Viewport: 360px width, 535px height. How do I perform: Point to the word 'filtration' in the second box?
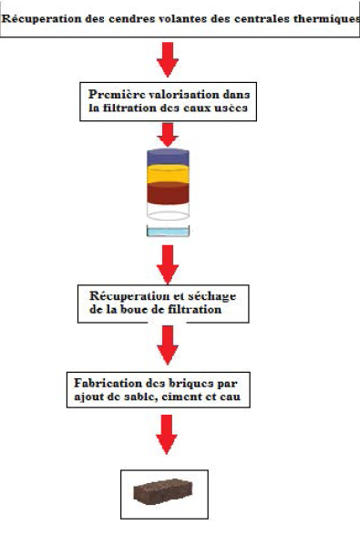coord(130,108)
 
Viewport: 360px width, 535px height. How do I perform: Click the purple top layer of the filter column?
coord(168,158)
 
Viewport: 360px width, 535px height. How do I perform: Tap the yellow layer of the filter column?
coord(168,174)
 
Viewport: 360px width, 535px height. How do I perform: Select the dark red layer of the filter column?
coord(168,193)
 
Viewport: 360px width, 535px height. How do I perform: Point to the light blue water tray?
coord(168,231)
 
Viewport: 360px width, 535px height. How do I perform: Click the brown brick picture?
coord(163,491)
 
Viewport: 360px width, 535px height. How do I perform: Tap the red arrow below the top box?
coord(168,59)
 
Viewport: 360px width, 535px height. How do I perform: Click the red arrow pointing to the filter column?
coord(168,135)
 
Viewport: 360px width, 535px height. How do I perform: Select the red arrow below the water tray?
coord(168,264)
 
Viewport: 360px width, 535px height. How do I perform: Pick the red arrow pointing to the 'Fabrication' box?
coord(168,345)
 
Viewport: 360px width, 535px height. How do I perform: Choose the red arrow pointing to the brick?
coord(167,435)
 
